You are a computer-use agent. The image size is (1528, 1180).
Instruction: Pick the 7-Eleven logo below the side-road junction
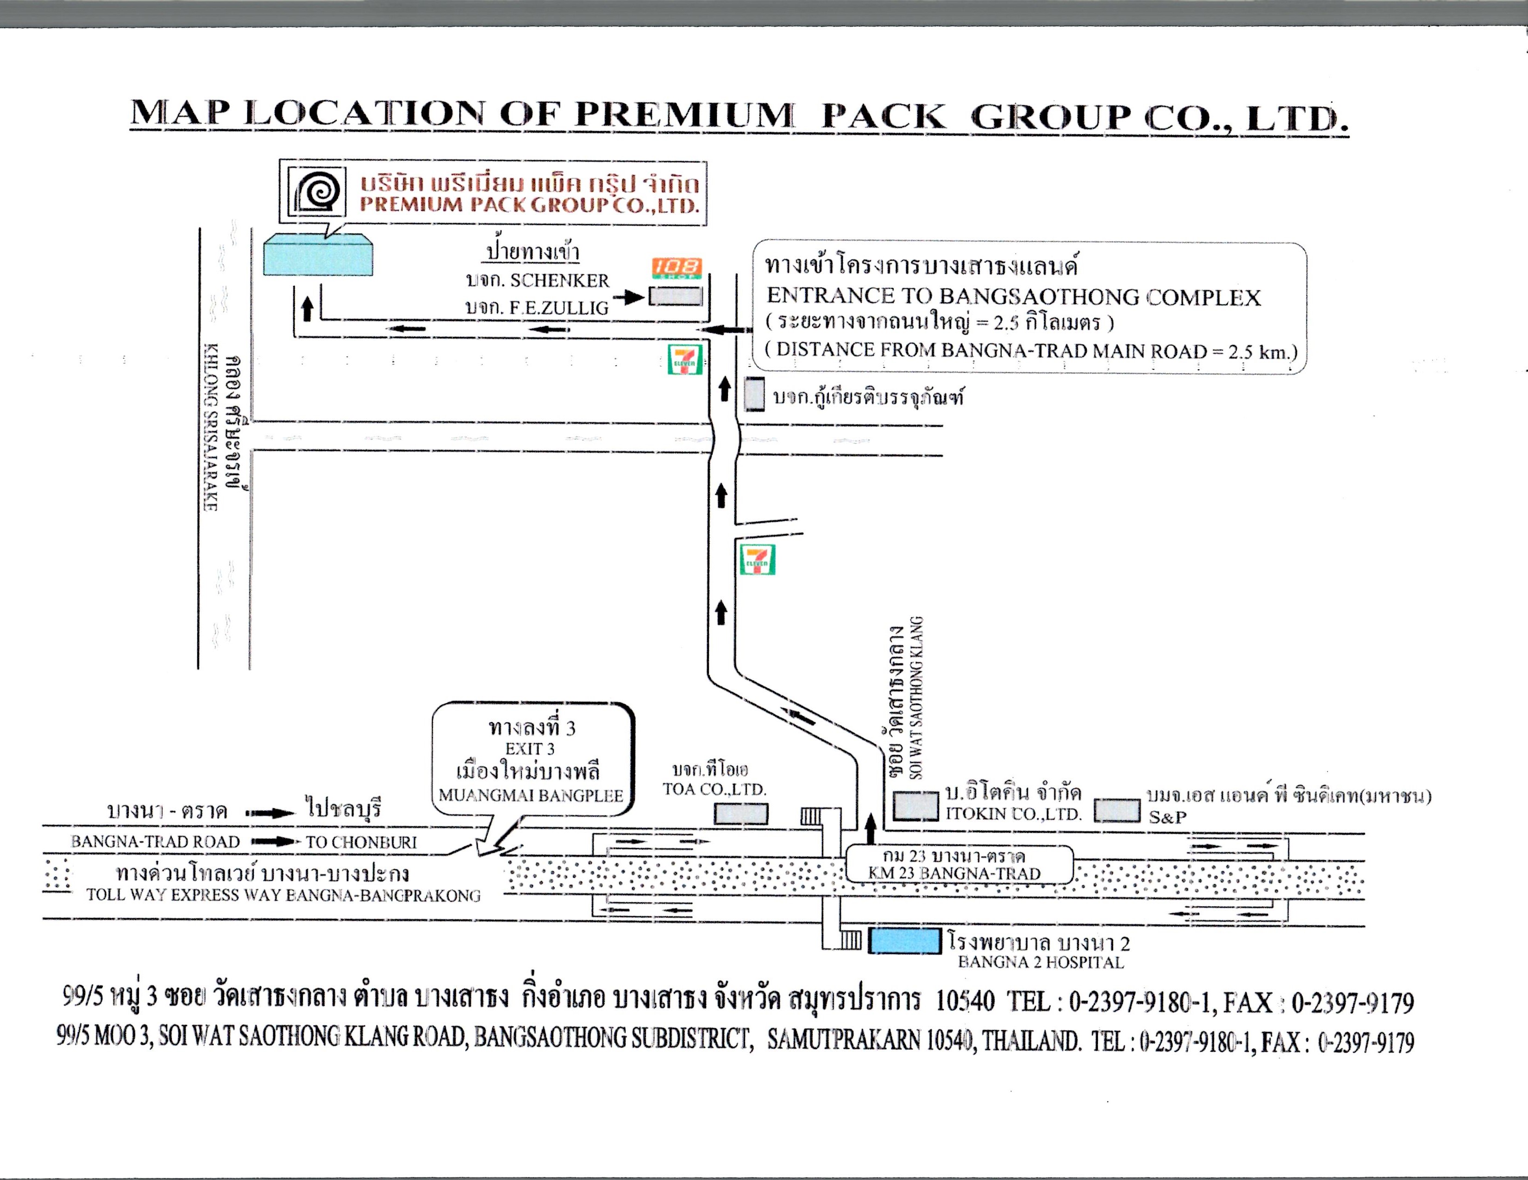[x=758, y=560]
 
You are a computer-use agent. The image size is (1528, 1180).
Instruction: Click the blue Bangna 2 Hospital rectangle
[x=905, y=941]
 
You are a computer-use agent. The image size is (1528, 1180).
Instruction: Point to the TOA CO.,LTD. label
[x=714, y=790]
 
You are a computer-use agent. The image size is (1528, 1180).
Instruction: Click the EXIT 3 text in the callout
[x=530, y=749]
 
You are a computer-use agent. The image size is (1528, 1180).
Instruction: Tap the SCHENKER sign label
[x=559, y=281]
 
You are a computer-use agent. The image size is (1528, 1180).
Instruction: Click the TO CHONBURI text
[x=361, y=842]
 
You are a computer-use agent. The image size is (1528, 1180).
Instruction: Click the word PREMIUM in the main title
[x=684, y=115]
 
